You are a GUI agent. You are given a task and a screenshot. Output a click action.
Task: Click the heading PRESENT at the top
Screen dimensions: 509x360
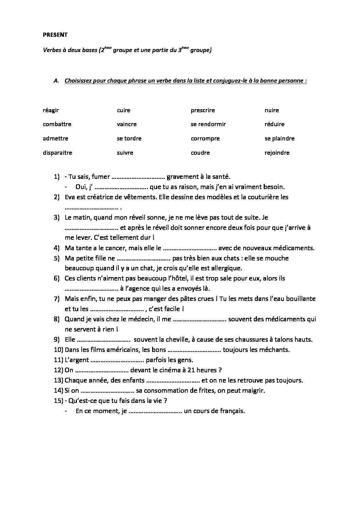55,35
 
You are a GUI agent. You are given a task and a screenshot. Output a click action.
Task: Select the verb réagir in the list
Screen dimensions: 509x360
51,111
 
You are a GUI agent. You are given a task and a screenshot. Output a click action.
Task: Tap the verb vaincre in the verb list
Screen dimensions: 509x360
127,124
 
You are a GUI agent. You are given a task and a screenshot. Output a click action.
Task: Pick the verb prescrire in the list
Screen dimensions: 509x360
202,111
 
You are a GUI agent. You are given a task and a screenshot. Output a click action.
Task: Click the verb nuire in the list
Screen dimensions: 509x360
272,111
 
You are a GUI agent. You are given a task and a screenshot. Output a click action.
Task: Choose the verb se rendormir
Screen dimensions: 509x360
208,124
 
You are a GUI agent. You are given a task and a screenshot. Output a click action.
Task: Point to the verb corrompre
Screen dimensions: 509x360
205,139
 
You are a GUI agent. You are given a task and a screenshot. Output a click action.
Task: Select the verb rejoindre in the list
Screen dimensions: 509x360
277,153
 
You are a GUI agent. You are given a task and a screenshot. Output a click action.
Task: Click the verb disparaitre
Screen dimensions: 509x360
58,153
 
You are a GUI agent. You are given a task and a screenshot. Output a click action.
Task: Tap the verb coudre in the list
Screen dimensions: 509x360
200,153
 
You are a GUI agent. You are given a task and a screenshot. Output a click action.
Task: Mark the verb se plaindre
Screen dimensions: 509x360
279,139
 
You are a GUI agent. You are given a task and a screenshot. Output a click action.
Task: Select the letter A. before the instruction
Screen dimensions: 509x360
56,81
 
